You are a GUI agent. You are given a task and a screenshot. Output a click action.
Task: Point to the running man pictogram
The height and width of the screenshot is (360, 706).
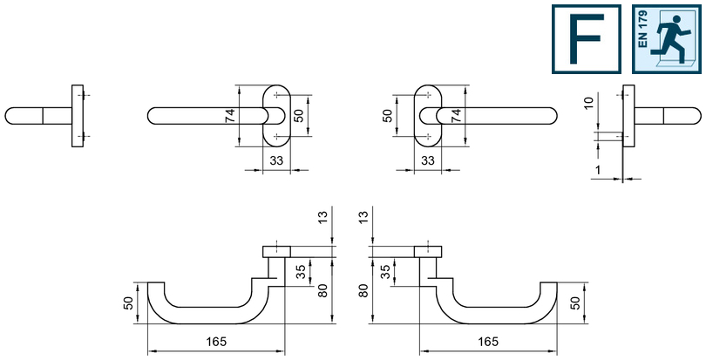click(673, 40)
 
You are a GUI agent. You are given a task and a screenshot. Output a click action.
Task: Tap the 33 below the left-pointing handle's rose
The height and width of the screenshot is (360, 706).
click(276, 160)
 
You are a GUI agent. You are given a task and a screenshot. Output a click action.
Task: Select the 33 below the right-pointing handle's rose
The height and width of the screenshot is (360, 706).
click(427, 160)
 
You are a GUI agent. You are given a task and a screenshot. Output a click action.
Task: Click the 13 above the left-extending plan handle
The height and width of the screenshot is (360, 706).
click(326, 217)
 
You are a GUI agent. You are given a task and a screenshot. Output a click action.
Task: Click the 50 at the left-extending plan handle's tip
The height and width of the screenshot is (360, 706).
click(129, 303)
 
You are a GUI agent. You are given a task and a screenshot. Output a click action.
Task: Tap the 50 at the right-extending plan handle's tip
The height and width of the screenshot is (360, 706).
click(574, 303)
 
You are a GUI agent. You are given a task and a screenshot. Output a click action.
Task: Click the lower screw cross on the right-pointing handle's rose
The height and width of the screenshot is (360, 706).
click(427, 137)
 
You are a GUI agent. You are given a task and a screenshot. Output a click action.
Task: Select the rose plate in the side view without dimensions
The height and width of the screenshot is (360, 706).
click(78, 116)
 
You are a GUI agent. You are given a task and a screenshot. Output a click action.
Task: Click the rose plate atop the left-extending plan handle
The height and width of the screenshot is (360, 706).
click(276, 253)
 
